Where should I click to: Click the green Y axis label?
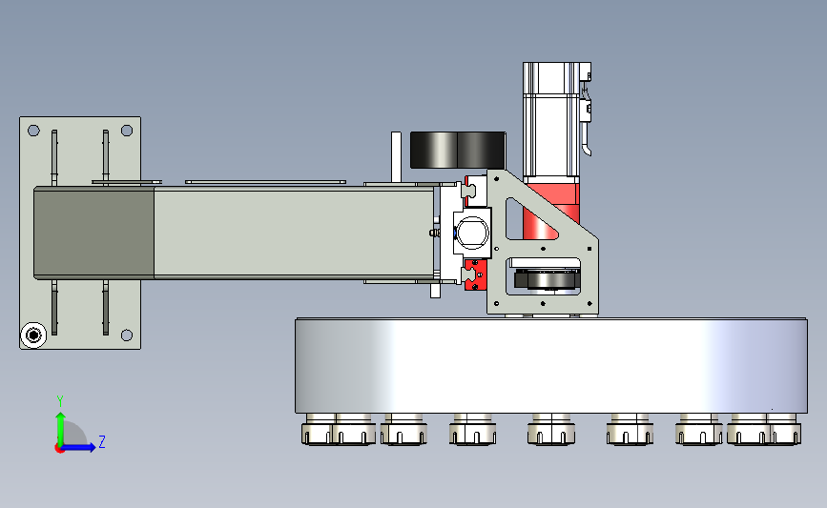point(59,401)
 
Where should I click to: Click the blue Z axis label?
point(102,441)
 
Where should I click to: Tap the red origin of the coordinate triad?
point(59,449)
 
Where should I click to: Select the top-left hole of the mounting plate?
point(33,131)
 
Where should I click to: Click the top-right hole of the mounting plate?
point(127,131)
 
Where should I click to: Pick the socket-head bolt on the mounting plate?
point(33,335)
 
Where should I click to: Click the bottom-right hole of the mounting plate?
point(127,335)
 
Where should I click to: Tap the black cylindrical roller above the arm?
point(458,151)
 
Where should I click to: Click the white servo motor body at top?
point(551,120)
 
